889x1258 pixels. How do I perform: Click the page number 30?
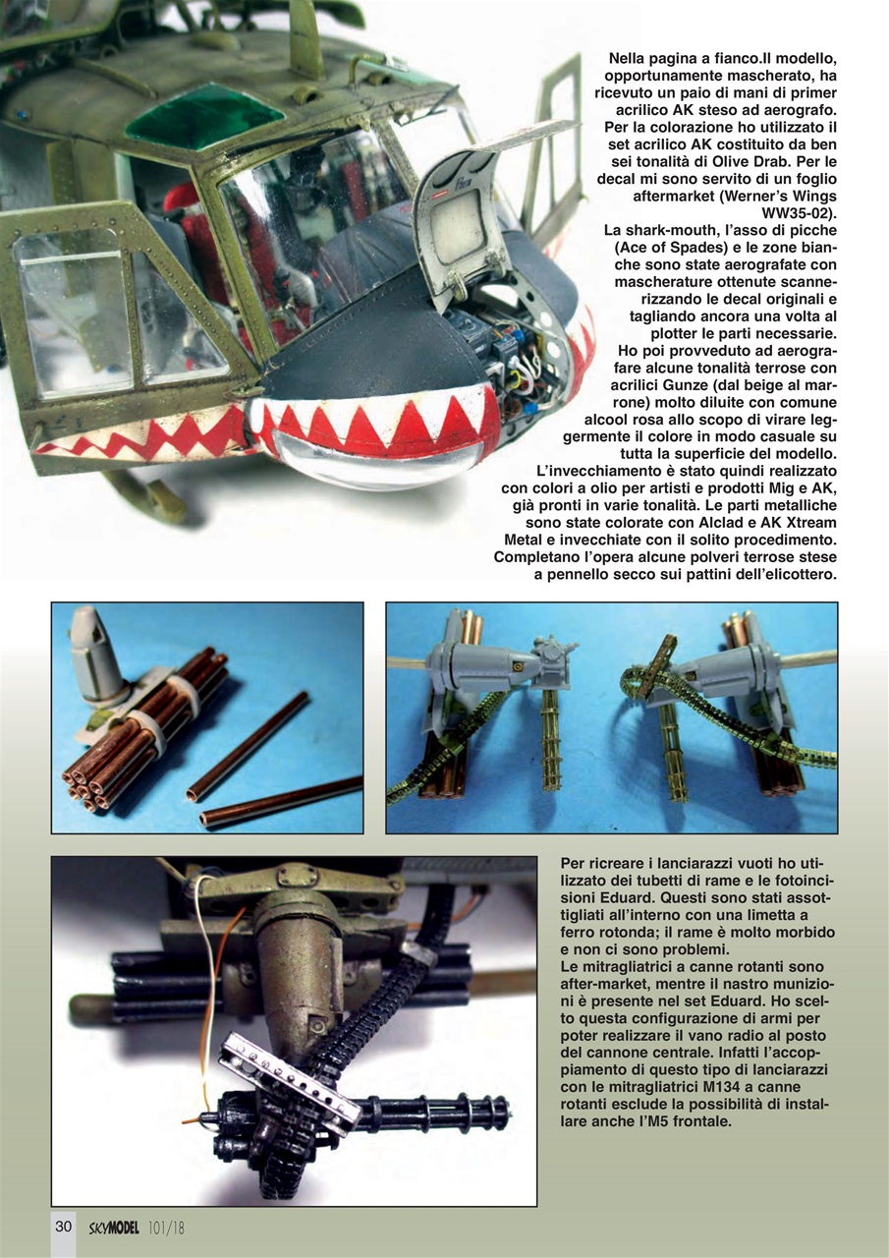[x=63, y=1226]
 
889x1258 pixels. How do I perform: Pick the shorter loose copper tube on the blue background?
[x=247, y=746]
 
